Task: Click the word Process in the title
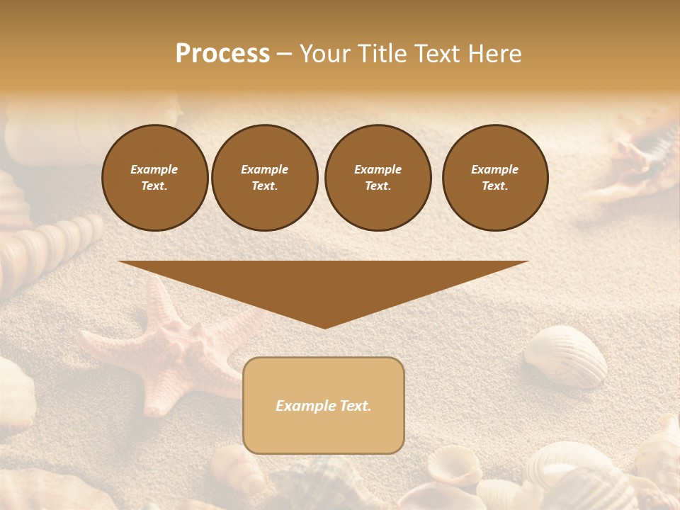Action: [222, 54]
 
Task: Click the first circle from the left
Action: [154, 178]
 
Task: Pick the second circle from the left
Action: [264, 178]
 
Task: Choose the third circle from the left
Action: [378, 178]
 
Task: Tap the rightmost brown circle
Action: [494, 178]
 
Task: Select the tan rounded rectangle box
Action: [324, 405]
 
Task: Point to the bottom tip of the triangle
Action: [324, 327]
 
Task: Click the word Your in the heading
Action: [323, 54]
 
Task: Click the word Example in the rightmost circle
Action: [494, 169]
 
